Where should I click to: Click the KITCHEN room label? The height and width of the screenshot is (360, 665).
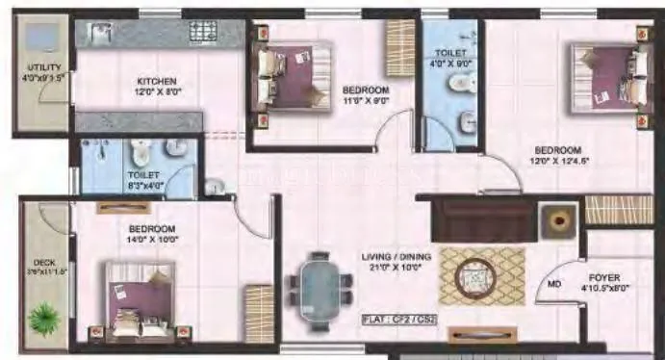[x=155, y=81]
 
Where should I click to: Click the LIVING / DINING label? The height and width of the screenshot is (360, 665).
[x=396, y=257]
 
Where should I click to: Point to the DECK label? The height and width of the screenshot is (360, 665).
[x=42, y=260]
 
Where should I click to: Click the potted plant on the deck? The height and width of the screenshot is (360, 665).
[x=43, y=316]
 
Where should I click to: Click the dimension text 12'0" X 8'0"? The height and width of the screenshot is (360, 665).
[x=155, y=93]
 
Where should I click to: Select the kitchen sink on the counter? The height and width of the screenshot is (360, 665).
[x=102, y=35]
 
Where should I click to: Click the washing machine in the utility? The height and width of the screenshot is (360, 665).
[x=42, y=38]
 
